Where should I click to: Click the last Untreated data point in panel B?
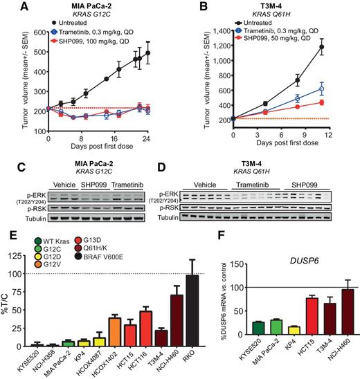coord(341,48)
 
